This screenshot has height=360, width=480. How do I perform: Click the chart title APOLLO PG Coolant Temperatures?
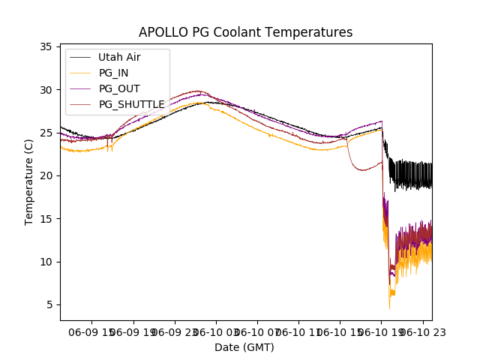coord(245,32)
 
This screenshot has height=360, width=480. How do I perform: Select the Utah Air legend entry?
coord(119,57)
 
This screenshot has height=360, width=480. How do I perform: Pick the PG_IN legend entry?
coord(114,73)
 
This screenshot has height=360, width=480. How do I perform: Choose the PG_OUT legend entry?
coord(119,88)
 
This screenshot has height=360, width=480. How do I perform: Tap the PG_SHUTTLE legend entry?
coord(131,104)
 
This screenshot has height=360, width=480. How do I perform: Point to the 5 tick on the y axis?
coord(49,304)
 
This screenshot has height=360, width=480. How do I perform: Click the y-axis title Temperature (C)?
coord(29,181)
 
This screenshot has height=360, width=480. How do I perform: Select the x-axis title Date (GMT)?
coord(244,347)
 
